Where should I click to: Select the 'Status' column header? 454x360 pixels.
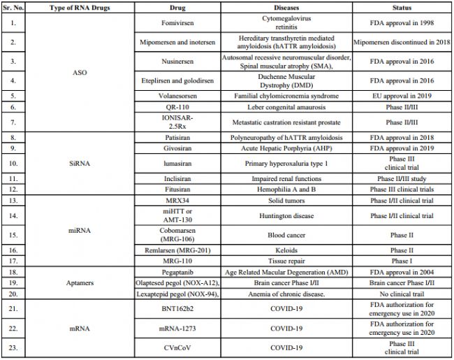pos(402,7)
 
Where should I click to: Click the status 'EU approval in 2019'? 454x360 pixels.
pos(402,96)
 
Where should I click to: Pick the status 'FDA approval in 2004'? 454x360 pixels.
pos(402,272)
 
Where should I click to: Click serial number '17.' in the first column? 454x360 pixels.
pos(13,261)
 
